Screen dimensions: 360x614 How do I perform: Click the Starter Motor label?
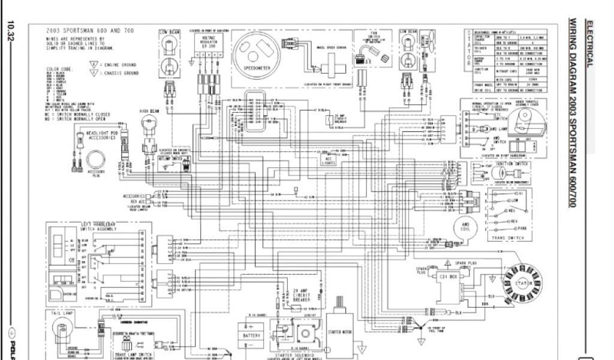click(341, 331)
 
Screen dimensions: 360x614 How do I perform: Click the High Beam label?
click(149, 110)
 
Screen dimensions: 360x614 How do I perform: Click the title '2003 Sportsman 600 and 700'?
click(89, 31)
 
